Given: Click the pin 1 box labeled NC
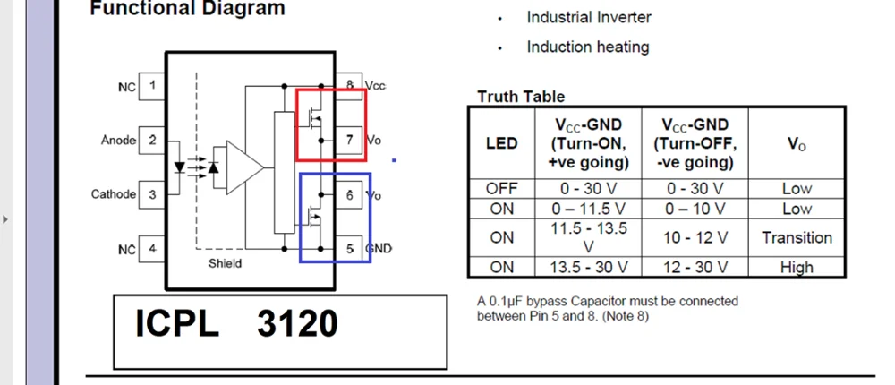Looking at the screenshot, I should (153, 87).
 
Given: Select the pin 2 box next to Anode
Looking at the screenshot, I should (153, 141).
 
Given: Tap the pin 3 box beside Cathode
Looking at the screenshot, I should (153, 194).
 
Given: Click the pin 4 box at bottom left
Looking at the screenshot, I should (153, 249).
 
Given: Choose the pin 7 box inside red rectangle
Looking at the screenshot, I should (348, 141).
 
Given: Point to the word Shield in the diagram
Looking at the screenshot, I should (225, 263).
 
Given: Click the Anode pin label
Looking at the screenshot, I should (118, 141).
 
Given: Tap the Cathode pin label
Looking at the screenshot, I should (114, 194).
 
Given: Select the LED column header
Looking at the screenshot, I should (501, 143).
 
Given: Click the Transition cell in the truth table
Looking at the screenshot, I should (797, 237).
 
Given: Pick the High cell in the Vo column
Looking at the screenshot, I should (797, 267).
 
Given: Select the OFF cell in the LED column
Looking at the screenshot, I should (501, 189).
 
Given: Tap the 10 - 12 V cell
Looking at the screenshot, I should (695, 237).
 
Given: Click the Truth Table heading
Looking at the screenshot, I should (521, 97).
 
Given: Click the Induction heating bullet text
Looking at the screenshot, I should (587, 47).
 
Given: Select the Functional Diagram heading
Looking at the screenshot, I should (187, 9).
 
